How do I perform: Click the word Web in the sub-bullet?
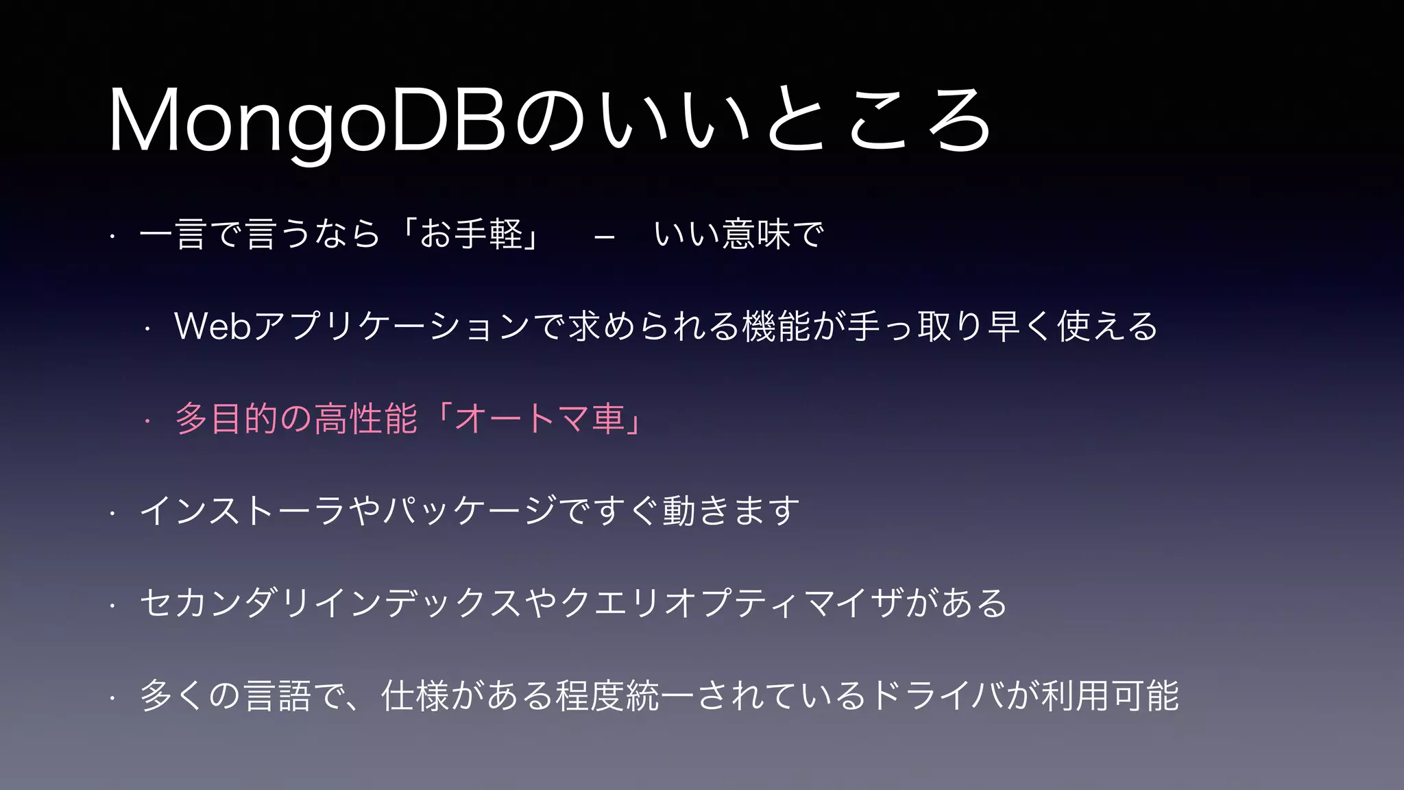[x=213, y=326]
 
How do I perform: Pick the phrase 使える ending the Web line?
[x=1107, y=326]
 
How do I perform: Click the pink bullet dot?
[x=147, y=421]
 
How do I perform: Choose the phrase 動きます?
[x=731, y=511]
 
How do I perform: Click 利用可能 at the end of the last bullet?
[x=1110, y=695]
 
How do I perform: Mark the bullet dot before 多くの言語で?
[x=112, y=698]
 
